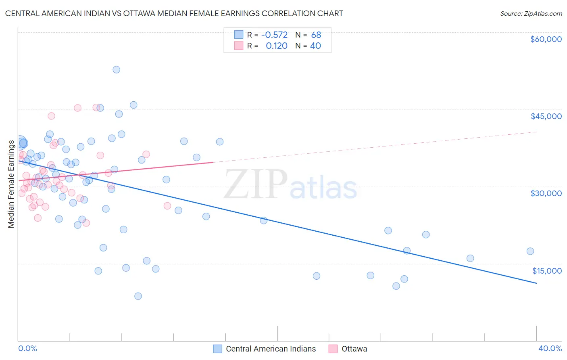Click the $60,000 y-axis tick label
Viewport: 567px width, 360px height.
(546, 39)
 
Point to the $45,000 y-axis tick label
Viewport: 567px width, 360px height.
(546, 116)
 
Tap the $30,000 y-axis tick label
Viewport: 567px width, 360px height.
(546, 193)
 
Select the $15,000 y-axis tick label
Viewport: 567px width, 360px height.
(546, 271)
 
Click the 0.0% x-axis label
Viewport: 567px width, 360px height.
(27, 348)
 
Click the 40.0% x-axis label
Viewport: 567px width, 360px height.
(550, 348)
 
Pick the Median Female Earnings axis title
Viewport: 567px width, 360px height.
(11, 184)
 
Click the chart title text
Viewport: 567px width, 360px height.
(174, 13)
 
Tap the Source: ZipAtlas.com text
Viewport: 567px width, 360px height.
(531, 13)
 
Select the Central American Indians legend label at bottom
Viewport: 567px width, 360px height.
(271, 349)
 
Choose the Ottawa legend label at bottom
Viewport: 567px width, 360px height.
(354, 349)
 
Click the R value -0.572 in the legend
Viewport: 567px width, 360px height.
(274, 35)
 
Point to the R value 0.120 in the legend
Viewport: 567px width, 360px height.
(277, 46)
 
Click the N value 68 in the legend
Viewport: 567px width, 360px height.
(316, 35)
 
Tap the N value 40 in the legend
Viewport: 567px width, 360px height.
(315, 46)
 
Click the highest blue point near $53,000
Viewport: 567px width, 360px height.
(116, 69)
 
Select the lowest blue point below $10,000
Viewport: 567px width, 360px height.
(138, 296)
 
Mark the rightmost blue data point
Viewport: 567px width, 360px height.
(530, 251)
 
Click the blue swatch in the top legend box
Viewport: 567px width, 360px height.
(239, 35)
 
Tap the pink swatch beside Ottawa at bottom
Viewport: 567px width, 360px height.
(333, 349)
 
